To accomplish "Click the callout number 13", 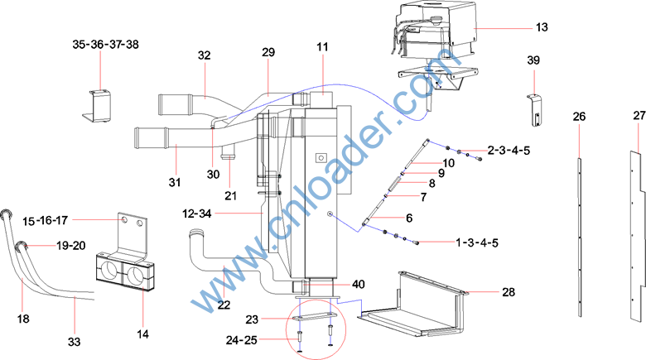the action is [x=542, y=27].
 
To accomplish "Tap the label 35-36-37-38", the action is [x=105, y=45].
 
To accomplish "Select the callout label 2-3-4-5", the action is [x=509, y=151].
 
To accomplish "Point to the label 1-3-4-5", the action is [x=477, y=242].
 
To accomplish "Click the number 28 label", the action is [x=509, y=292].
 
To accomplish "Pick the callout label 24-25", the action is [x=242, y=340].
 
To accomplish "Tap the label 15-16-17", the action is [x=45, y=221].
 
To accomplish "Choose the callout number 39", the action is [x=533, y=60].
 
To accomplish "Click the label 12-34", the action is [x=197, y=214].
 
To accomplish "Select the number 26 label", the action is [x=579, y=117].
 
